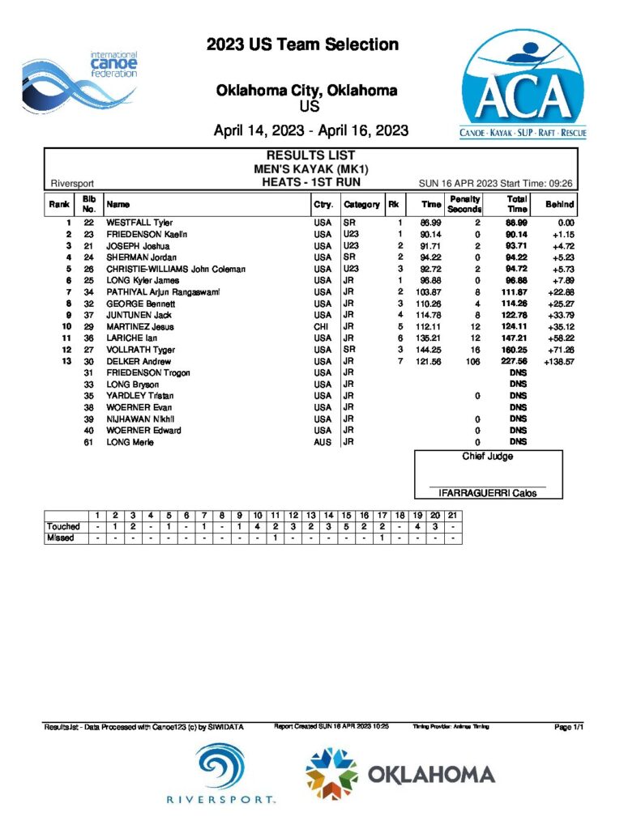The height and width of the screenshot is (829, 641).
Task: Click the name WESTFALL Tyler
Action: [139, 223]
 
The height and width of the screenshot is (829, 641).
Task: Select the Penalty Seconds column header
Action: [464, 204]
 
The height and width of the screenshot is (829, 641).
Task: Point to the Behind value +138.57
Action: [558, 362]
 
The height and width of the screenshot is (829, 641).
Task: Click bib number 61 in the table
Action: [89, 442]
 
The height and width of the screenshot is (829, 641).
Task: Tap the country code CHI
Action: [323, 326]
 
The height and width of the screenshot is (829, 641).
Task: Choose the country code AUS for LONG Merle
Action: [323, 442]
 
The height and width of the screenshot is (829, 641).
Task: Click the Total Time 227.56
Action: [516, 362]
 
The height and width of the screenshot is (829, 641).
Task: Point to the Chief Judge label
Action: [487, 457]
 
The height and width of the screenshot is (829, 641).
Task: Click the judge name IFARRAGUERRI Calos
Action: [487, 493]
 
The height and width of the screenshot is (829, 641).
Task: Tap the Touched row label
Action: [64, 526]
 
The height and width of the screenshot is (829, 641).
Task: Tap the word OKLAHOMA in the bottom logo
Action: [432, 775]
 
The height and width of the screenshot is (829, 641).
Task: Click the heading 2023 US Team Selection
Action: [302, 45]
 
